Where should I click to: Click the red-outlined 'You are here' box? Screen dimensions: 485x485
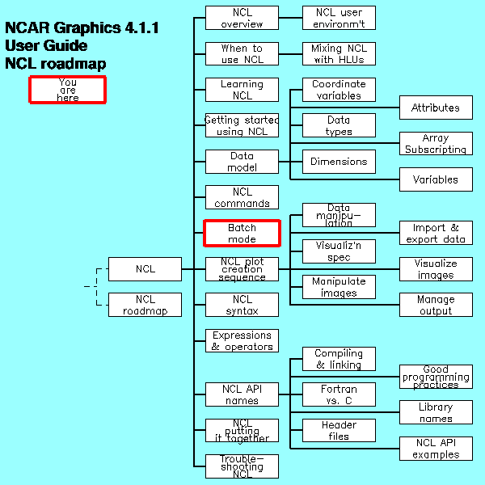[x=68, y=89]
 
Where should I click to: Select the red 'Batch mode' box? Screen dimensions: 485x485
[x=242, y=233]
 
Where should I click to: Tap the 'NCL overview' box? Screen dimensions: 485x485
[x=242, y=18]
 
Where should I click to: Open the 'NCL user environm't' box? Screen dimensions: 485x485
[x=339, y=18]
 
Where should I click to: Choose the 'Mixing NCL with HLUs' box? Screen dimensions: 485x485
[x=339, y=53]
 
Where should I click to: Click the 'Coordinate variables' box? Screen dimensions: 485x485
[x=339, y=90]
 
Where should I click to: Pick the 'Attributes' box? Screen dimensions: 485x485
[x=436, y=108]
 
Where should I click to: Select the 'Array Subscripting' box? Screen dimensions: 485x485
[x=436, y=144]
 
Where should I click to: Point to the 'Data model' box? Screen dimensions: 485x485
[x=242, y=162]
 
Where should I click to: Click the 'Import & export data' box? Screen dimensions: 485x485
[x=436, y=233]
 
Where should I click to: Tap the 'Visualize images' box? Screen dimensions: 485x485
[x=436, y=269]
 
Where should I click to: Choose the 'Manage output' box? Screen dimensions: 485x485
[x=436, y=305]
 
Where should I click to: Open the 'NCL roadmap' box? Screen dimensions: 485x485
[x=145, y=305]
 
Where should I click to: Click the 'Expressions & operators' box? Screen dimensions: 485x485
[x=242, y=340]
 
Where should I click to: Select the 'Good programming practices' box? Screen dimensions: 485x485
[x=436, y=377]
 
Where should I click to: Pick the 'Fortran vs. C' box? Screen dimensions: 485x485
[x=339, y=394]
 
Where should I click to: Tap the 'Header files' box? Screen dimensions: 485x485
[x=339, y=430]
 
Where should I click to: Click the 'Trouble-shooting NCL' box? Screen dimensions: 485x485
[x=242, y=466]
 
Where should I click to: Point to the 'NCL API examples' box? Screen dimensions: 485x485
[x=436, y=448]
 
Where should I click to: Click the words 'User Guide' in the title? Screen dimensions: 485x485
[x=46, y=46]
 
